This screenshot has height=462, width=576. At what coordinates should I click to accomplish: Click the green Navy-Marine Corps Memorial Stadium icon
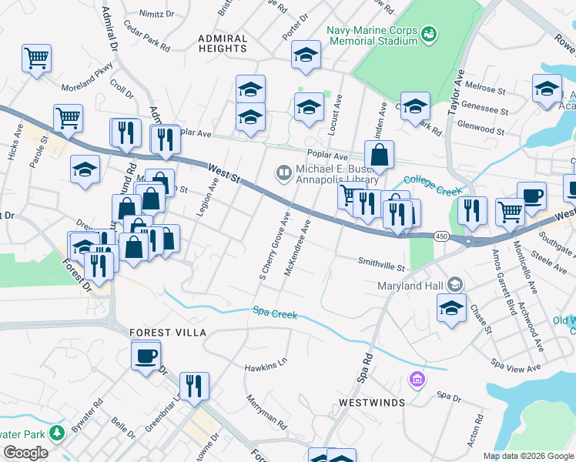pos(429,33)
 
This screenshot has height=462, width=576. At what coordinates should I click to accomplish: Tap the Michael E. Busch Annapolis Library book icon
pos(283,172)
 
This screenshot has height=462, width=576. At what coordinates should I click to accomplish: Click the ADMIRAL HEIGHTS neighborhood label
pos(222,43)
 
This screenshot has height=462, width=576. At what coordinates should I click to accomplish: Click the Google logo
pos(25,453)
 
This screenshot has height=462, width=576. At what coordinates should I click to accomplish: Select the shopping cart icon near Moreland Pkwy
pos(36,59)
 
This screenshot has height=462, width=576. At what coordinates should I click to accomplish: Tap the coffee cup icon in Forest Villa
pos(146,357)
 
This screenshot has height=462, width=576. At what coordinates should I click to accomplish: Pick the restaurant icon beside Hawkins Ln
pos(195,387)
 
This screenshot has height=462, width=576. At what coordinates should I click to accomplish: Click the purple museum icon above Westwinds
pos(417,379)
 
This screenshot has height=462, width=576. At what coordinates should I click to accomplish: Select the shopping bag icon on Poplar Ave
pos(379,155)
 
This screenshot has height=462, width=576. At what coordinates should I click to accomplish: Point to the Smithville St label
pos(381,264)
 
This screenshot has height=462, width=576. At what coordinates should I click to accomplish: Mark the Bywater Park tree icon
pos(56,433)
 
